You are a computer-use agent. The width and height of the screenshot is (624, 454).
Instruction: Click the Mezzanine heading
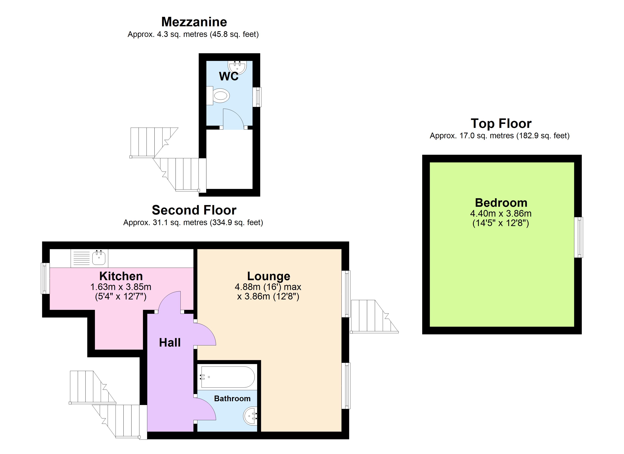(194, 22)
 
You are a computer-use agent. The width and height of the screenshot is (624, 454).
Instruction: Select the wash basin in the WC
(237, 67)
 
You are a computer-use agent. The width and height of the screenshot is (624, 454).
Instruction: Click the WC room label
(229, 76)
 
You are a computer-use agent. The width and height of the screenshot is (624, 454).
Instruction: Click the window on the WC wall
(257, 97)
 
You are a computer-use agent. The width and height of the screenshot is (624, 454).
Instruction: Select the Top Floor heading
(501, 123)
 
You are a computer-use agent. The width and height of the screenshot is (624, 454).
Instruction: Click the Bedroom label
(501, 203)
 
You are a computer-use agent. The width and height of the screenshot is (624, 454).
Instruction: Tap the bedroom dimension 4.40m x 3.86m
(501, 213)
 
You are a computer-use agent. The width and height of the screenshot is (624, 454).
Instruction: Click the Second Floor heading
(194, 210)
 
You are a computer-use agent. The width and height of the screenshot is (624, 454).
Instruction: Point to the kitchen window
(45, 278)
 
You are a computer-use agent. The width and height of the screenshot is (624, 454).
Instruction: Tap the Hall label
(170, 343)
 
